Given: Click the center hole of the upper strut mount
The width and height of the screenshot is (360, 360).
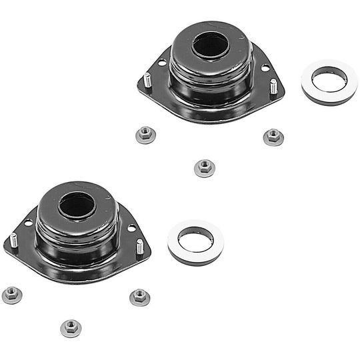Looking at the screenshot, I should pos(211,45).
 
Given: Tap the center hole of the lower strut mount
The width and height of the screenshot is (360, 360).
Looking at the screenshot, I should pos(77,205).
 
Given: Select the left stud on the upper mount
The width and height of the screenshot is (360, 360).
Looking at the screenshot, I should pos(147,80).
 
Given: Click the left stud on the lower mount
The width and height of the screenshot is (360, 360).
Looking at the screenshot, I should pos(13,240).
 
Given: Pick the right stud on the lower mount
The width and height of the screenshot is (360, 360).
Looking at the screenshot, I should pos(139,247).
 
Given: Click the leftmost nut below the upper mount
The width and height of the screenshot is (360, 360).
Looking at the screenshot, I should pos(144,135).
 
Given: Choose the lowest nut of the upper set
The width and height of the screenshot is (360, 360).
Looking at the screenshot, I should pos(204,167).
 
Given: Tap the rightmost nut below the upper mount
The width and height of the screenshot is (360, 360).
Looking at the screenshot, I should pos(273,137).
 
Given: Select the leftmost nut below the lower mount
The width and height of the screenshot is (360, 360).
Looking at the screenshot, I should pos(11,295).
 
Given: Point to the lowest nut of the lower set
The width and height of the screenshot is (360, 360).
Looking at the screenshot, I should pos(71,327).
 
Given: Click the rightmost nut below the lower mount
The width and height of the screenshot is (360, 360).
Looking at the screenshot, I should pos(139,297).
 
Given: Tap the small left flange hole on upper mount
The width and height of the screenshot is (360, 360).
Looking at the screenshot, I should pos(161,63).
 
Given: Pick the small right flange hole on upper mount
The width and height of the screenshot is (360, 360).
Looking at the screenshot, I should pos(265,68).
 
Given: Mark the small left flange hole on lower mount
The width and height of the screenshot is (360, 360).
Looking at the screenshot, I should pos(28,223).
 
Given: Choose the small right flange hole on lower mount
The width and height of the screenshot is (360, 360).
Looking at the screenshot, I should pos(132,228).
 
